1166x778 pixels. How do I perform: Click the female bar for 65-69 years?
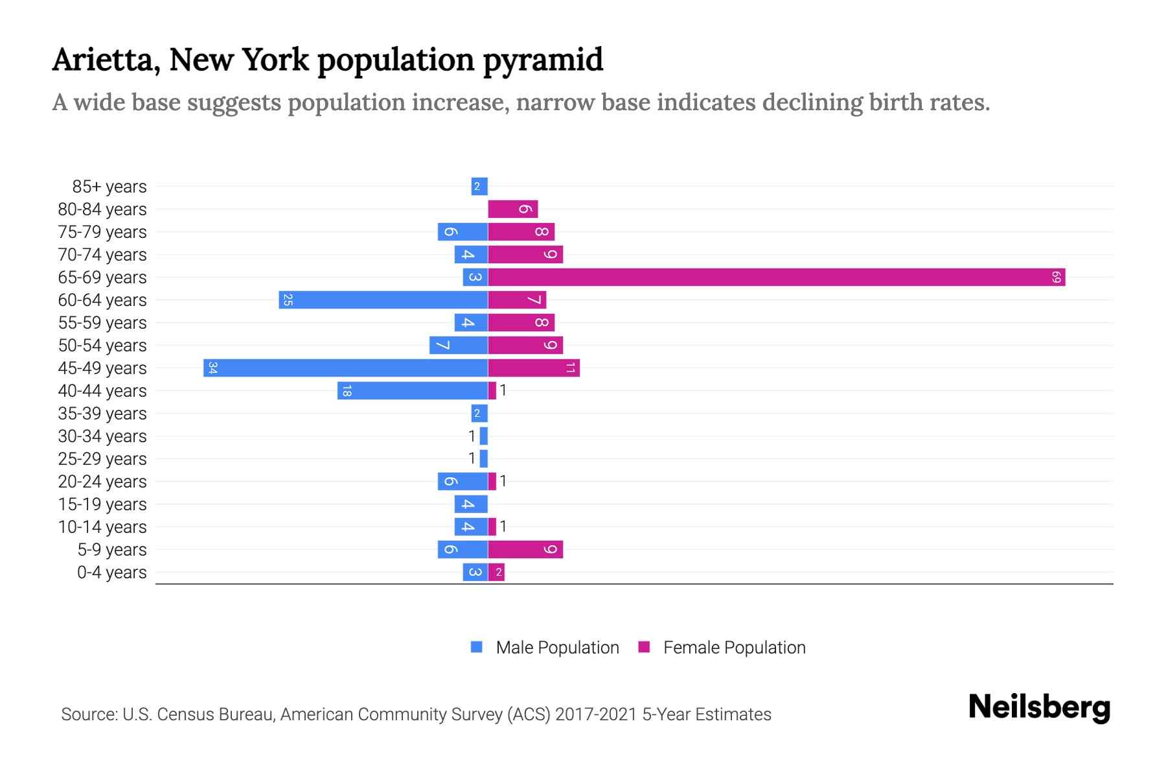tap(776, 277)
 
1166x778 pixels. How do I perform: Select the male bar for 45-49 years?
tap(345, 368)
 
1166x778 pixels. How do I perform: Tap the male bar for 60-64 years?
tap(383, 300)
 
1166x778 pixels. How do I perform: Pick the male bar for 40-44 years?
tap(412, 391)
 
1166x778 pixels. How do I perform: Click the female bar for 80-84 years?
tap(512, 209)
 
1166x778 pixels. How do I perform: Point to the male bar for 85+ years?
tap(479, 187)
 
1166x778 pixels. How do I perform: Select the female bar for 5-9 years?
tap(525, 550)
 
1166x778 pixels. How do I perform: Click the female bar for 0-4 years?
tap(496, 572)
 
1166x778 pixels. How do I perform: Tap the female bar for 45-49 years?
tap(533, 368)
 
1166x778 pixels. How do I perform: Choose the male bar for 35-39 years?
tap(479, 414)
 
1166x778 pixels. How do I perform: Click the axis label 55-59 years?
tap(102, 323)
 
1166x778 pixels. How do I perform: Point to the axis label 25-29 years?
tap(102, 459)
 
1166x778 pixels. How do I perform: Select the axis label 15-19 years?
tap(102, 504)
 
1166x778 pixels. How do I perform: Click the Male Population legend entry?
tap(545, 648)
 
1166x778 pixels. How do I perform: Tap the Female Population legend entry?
tap(722, 648)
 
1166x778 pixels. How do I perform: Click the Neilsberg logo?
tap(1039, 707)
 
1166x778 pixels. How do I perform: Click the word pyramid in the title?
tap(543, 60)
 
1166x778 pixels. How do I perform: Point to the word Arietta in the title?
tap(106, 60)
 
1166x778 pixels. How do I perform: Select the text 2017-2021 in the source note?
tap(595, 714)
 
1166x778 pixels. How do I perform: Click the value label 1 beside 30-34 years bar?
tap(472, 436)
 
